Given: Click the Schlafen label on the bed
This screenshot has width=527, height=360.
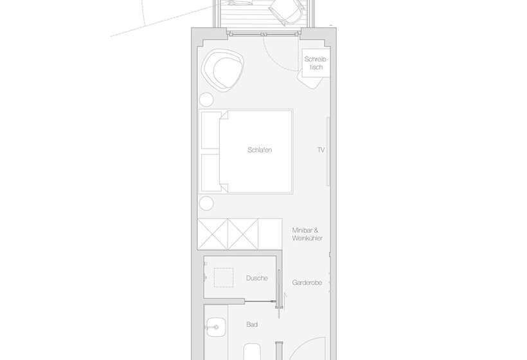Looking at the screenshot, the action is click(260, 150).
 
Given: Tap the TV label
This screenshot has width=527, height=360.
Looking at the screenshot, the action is click(321, 150).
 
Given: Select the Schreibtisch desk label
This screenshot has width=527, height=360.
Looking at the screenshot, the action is click(316, 63).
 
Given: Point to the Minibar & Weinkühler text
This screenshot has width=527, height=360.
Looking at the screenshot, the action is click(307, 234).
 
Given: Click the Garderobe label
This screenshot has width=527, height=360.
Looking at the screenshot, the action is click(307, 283).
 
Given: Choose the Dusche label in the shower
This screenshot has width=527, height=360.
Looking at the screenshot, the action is click(257, 278).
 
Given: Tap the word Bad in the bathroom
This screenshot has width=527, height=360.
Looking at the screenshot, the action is click(252, 325).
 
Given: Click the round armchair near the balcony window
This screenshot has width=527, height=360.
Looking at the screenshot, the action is click(222, 70).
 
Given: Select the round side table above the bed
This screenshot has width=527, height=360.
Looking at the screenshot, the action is click(206, 100).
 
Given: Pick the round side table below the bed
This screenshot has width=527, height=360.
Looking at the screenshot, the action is click(206, 204).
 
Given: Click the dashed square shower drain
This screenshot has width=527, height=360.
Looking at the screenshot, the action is click(224, 278).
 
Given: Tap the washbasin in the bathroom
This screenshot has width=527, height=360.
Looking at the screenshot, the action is click(216, 327).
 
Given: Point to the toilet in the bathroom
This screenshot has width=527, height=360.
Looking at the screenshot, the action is click(252, 352).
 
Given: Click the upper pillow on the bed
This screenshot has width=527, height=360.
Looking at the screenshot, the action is click(211, 130).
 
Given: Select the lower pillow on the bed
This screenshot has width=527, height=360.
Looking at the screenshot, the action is click(211, 173).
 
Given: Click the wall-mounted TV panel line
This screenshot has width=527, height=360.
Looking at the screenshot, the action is click(328, 151).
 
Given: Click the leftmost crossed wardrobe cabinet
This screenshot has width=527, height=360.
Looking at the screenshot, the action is click(213, 234).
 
